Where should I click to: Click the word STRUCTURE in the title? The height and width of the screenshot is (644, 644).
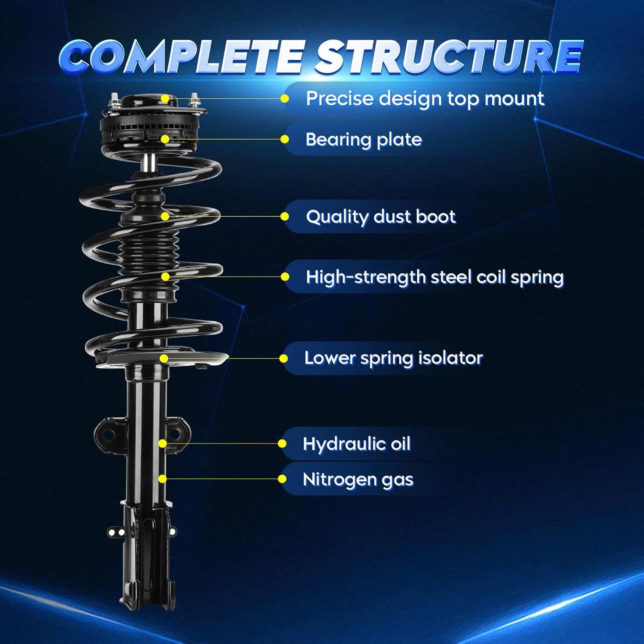point(449,57)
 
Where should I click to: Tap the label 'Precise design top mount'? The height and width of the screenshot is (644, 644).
point(425,99)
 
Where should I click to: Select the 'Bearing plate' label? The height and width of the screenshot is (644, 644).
point(363,140)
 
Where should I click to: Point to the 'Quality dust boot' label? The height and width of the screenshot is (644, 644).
point(380,217)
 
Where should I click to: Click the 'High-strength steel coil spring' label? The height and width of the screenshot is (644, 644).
point(434,277)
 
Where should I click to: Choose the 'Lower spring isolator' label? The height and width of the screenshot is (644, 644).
point(393,358)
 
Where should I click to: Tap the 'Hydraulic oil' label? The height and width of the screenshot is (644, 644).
point(356,444)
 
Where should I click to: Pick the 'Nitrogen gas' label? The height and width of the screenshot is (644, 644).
point(358,479)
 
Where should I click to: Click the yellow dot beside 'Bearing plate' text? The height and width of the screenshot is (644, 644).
point(284,139)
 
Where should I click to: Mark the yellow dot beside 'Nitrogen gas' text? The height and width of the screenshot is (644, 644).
point(282,479)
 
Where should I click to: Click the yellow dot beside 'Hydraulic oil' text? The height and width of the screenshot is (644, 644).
point(282,444)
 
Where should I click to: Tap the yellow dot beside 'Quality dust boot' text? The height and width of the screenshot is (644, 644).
point(284,216)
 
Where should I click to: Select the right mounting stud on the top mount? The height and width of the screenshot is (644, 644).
point(194,100)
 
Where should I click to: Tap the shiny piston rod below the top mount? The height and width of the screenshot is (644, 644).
point(149,162)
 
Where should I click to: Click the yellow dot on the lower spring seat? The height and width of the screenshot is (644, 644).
point(164,358)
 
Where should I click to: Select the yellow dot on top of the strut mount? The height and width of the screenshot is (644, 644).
point(165,99)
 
